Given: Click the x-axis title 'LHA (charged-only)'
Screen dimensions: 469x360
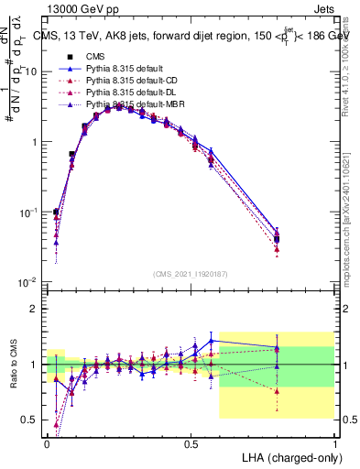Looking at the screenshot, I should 289,455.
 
